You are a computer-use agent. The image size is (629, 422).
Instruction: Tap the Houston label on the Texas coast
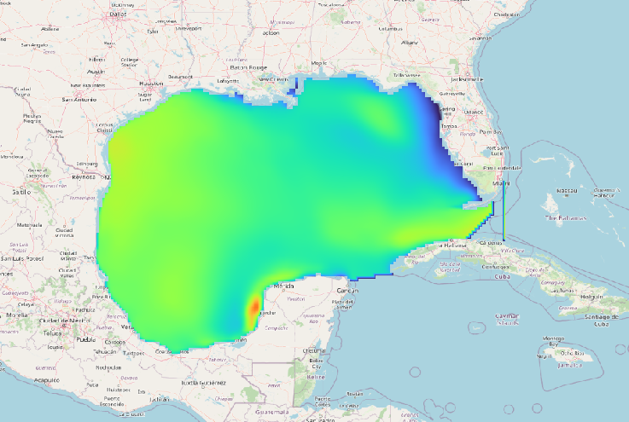151,83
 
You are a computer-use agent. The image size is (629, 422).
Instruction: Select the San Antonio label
78,100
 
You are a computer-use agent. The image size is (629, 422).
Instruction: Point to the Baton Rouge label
248,68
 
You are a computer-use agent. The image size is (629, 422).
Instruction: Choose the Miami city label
500,182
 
